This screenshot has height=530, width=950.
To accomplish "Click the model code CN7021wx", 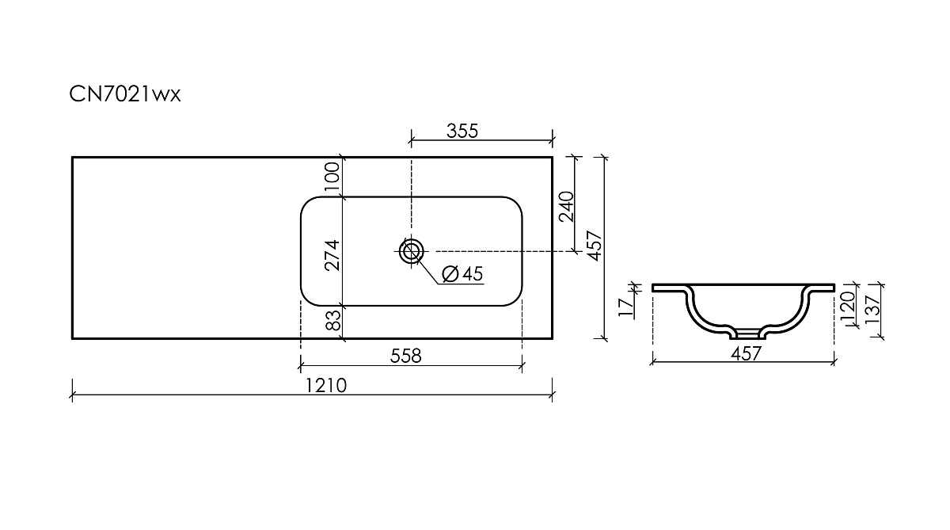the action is (125, 94).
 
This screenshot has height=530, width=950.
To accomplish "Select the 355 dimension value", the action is (462, 132).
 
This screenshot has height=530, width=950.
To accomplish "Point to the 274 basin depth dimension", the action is (332, 255).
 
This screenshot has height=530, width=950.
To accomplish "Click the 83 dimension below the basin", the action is (334, 320).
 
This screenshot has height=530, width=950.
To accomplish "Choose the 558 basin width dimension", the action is (406, 356).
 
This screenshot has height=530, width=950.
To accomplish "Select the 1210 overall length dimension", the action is (326, 386).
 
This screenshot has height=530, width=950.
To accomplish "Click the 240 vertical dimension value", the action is (567, 207).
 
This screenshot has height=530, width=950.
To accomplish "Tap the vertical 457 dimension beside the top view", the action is (595, 246).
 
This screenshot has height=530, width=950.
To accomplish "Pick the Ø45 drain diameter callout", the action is (462, 273).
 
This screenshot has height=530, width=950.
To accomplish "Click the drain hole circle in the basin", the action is (411, 251).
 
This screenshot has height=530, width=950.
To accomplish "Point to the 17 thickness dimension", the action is (626, 307).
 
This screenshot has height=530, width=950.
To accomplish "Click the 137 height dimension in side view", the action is (873, 309).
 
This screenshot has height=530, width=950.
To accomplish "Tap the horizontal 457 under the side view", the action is (747, 353).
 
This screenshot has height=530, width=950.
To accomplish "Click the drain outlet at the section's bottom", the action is (748, 335).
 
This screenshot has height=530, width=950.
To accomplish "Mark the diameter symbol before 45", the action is (450, 273).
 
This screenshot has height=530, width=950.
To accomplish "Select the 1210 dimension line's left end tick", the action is (72, 395).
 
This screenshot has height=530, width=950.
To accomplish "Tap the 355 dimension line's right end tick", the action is (553, 140).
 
